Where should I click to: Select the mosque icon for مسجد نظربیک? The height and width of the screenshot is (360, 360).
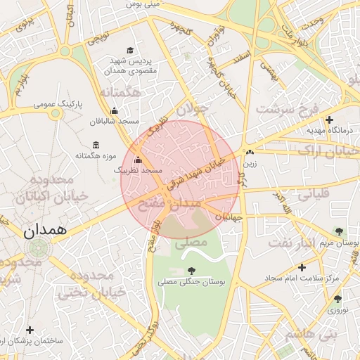[138, 160]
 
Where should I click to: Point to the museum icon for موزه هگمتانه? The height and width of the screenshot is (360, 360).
[95, 145]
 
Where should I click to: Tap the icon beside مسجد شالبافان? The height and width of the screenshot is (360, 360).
[115, 110]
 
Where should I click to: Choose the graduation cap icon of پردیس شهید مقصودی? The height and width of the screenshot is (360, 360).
[129, 50]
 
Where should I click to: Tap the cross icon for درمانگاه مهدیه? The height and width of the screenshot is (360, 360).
[329, 120]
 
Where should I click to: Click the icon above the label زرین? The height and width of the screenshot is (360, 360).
[250, 152]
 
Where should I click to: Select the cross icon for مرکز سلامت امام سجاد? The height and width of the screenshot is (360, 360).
[302, 267]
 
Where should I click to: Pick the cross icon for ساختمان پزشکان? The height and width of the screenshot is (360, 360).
[30, 329]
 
